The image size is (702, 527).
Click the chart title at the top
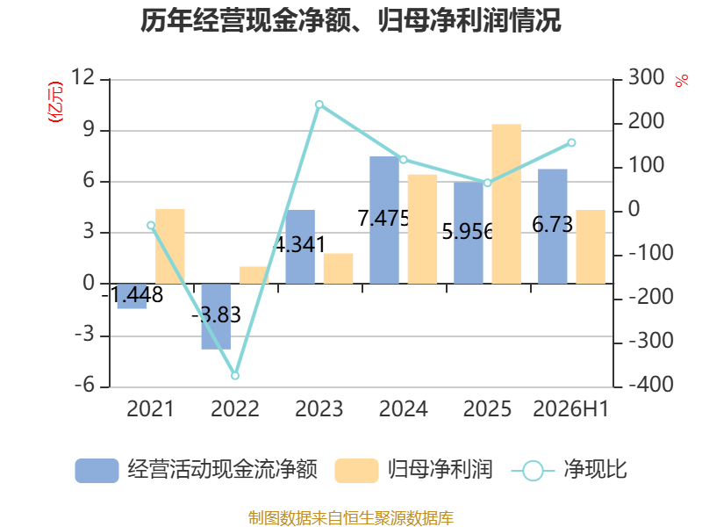[350, 20]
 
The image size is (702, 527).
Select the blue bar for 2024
[384, 220]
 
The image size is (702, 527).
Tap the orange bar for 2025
[506, 204]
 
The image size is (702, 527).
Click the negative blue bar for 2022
[216, 316]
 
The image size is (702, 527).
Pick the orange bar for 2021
[169, 247]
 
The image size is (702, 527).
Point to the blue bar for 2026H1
[553, 227]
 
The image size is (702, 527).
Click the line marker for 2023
[319, 105]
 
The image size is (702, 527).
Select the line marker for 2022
[235, 376]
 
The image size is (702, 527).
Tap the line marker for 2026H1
[571, 143]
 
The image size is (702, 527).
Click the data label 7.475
[383, 218]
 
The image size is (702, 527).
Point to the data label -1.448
[133, 295]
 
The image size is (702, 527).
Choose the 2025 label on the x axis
[487, 408]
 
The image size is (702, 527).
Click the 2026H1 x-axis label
[571, 408]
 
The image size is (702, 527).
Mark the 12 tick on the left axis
[83, 77]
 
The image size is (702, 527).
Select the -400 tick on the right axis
[651, 385]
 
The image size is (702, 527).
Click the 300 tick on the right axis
[646, 77]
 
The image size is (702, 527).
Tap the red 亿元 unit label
[55, 102]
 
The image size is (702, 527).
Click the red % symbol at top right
[682, 81]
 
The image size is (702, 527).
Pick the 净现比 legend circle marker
[533, 471]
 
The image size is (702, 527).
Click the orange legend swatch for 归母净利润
[356, 471]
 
